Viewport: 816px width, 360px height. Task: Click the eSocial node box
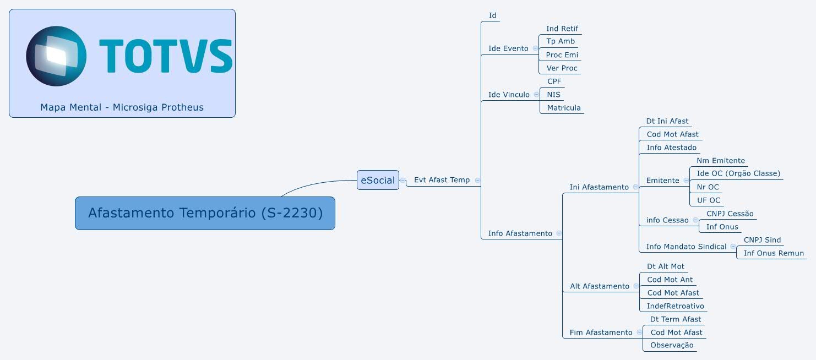click(x=378, y=180)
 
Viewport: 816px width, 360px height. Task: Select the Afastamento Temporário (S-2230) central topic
click(x=205, y=213)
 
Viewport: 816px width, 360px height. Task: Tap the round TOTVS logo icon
click(x=56, y=56)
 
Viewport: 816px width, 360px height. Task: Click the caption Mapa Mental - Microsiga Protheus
click(x=122, y=107)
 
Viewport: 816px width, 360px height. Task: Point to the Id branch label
click(x=492, y=15)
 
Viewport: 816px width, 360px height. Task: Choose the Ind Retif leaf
click(x=562, y=29)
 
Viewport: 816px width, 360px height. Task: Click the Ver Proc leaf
click(x=562, y=68)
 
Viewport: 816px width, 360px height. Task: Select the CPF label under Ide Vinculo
click(x=554, y=81)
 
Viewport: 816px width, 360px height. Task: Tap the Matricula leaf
click(x=563, y=108)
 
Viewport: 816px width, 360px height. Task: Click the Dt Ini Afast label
click(x=667, y=121)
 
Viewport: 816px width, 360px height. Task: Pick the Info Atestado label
click(x=671, y=148)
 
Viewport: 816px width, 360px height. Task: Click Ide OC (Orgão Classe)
click(x=738, y=173)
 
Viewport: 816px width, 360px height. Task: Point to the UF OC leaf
click(x=709, y=200)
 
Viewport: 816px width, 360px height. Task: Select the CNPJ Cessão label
click(x=730, y=214)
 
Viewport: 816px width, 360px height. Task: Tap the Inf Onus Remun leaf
click(x=774, y=253)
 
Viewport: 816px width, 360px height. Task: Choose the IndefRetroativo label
click(x=675, y=306)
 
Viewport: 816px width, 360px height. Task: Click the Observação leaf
click(x=672, y=345)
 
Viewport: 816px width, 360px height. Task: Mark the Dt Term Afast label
click(x=675, y=319)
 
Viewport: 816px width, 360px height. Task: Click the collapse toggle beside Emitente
click(x=686, y=181)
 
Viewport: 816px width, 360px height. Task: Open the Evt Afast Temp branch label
click(x=442, y=180)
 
